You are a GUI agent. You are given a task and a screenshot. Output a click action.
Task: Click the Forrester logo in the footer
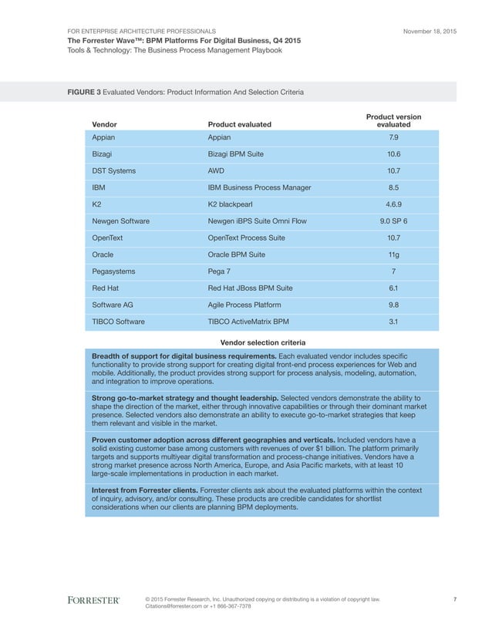[93, 600]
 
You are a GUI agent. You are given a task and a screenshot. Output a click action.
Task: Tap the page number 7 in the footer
[455, 598]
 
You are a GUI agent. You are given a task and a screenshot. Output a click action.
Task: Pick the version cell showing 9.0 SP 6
[393, 221]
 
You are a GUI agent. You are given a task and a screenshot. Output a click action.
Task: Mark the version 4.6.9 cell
[393, 204]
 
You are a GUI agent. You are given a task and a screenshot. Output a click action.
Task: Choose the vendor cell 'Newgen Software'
[120, 221]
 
